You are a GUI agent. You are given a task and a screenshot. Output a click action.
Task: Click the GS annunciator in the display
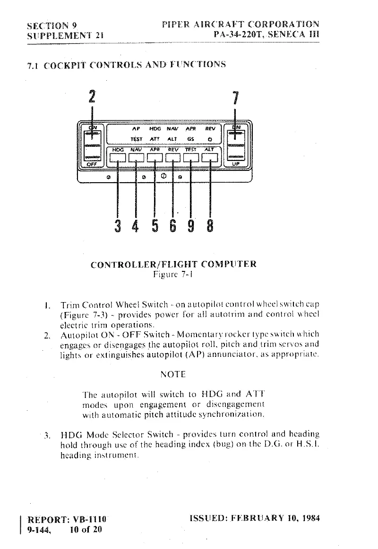191,139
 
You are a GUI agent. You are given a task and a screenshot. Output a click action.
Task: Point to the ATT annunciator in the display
155,139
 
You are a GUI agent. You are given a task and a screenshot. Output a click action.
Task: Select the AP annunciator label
136,128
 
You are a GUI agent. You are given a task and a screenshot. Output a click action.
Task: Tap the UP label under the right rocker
235,164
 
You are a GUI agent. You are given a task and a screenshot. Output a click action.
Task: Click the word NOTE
173,374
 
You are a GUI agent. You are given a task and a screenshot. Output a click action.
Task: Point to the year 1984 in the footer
309,518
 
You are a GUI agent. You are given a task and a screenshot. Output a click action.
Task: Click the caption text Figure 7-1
173,273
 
